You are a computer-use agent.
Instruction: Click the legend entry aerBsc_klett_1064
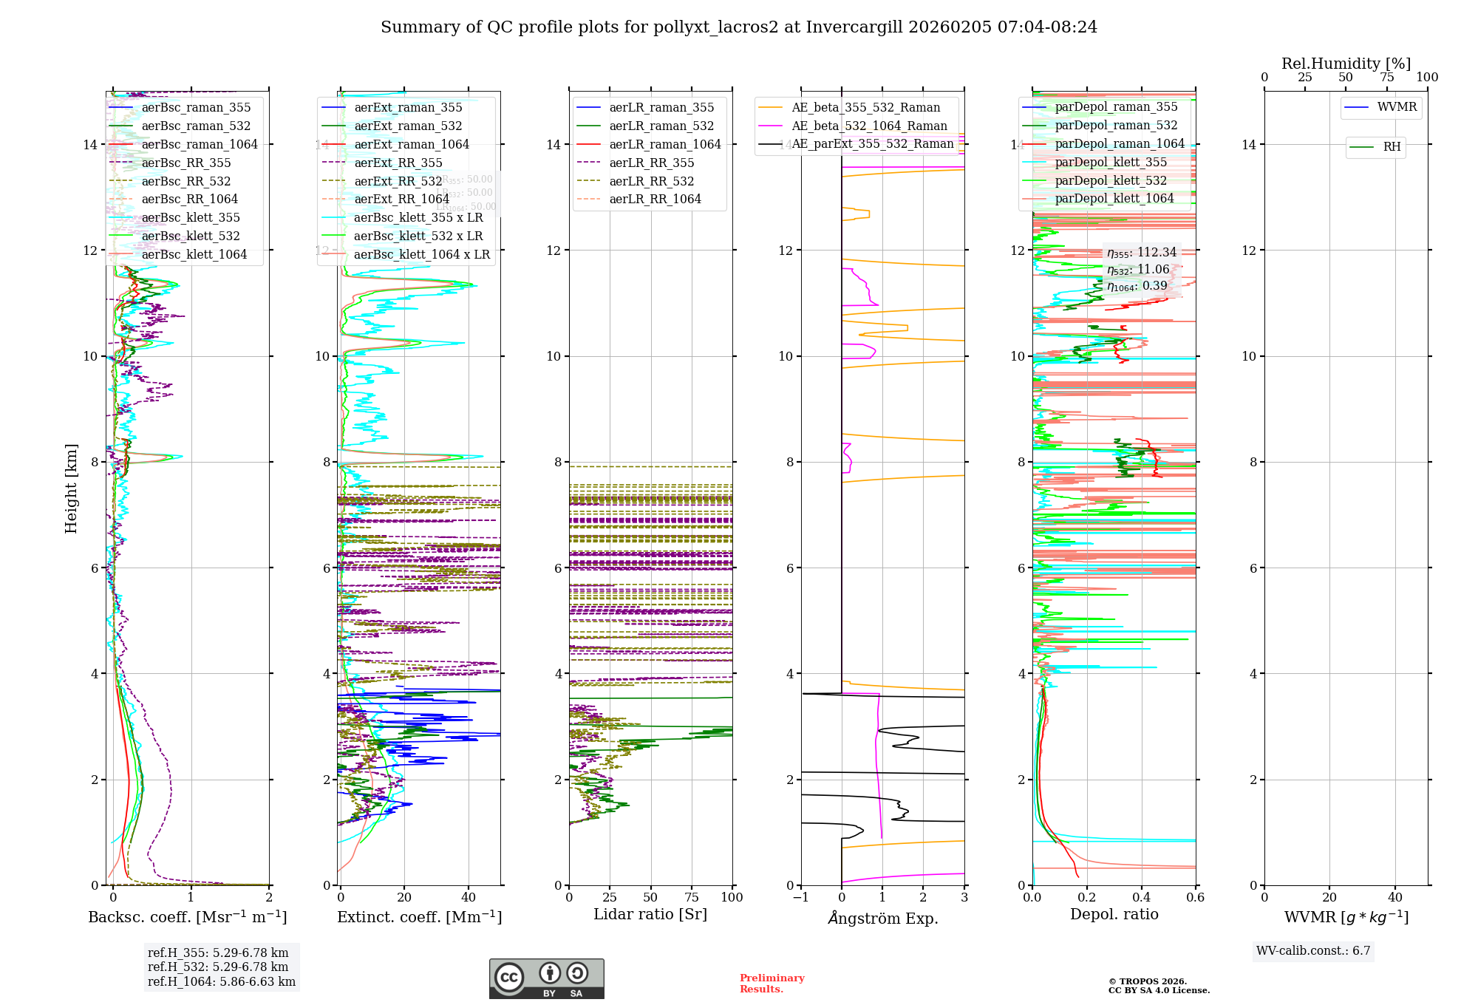(194, 255)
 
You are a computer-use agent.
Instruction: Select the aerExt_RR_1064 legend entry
(401, 200)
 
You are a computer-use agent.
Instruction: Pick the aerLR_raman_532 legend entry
(661, 126)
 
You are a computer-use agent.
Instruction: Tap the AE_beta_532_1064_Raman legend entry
(869, 126)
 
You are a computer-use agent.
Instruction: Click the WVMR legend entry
(1397, 107)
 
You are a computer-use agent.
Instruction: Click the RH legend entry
(1392, 147)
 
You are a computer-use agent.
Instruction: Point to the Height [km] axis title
(71, 488)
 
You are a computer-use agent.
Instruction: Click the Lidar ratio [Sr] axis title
(650, 915)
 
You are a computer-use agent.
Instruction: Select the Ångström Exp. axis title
(882, 919)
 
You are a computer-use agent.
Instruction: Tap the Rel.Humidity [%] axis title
(1346, 64)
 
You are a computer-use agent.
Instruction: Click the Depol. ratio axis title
(1114, 915)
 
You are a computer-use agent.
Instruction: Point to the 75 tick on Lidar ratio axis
(692, 898)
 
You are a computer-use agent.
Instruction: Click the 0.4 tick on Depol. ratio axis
(1141, 898)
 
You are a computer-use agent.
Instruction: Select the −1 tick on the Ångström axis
(801, 898)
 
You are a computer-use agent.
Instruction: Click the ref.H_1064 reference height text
(221, 982)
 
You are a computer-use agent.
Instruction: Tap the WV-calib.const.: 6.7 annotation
(1313, 951)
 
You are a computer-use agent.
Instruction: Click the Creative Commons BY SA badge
(546, 979)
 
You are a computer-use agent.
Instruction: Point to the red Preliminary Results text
(772, 984)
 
